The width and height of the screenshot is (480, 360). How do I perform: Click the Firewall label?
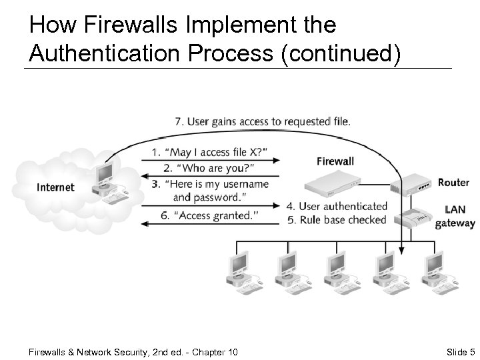335,161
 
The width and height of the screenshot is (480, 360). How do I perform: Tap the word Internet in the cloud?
56,187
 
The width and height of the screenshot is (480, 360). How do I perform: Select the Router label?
453,183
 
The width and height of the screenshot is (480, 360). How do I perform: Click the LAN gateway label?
455,217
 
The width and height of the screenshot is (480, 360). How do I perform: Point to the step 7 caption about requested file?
262,121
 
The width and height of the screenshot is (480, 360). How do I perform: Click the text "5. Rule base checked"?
336,220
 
